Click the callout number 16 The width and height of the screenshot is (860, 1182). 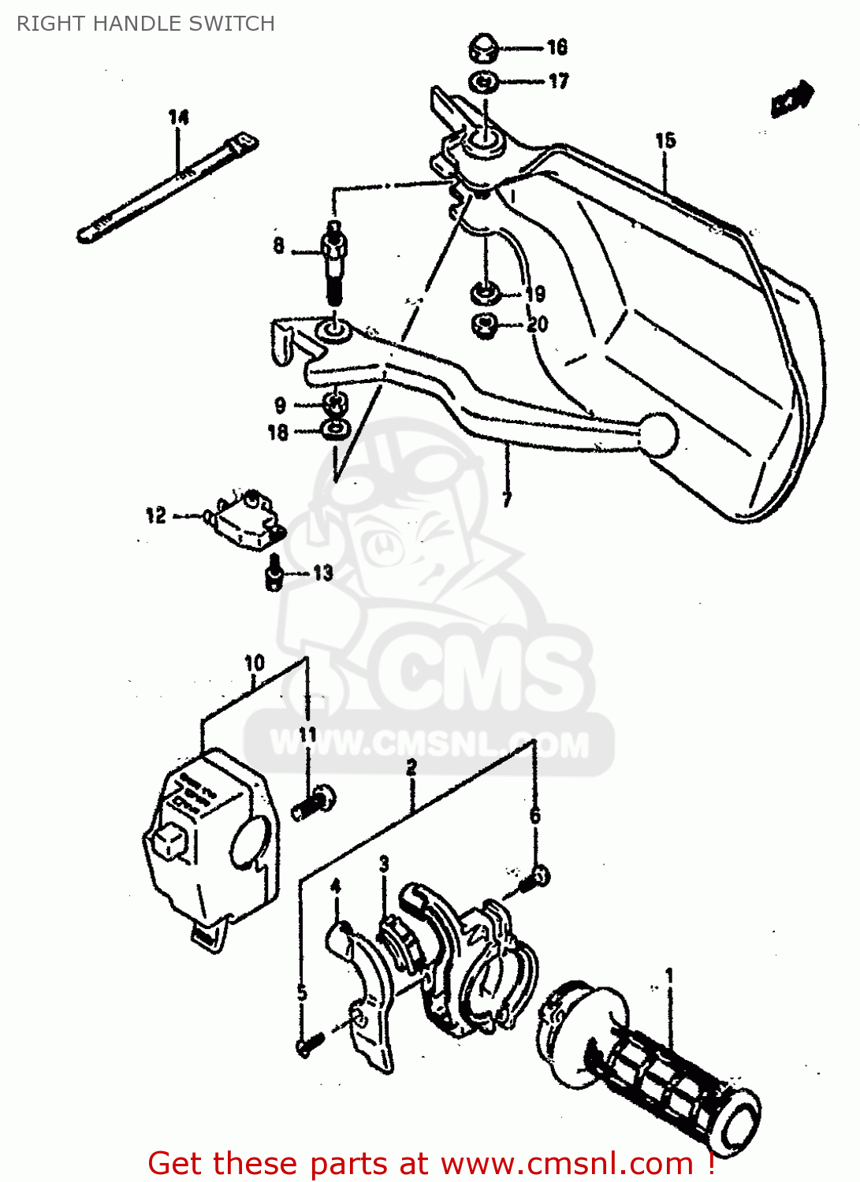click(557, 47)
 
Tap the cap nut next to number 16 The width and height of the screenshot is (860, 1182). click(483, 48)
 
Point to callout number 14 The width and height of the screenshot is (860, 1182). click(179, 117)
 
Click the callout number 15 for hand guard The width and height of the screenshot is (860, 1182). click(665, 140)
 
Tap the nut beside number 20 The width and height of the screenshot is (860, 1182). click(485, 325)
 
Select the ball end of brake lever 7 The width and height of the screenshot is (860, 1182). click(660, 433)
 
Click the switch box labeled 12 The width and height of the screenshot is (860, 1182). click(245, 520)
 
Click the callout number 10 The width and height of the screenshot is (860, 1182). click(255, 663)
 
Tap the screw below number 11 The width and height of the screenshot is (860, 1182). click(314, 802)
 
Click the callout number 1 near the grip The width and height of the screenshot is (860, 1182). click(669, 976)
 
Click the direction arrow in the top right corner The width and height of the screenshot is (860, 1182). click(791, 99)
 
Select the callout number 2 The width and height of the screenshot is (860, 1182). click(411, 767)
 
